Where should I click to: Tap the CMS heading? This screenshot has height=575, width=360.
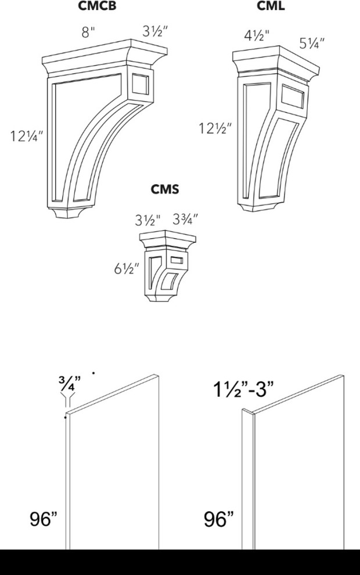(165, 189)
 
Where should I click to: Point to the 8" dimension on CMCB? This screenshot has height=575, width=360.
(88, 33)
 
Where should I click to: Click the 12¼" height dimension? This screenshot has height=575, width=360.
(26, 136)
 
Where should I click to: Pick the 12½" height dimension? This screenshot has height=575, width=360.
(215, 128)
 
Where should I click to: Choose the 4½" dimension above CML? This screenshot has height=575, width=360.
(257, 35)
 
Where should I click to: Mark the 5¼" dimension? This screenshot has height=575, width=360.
(312, 44)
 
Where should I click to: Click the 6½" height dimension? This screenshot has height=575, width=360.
(127, 269)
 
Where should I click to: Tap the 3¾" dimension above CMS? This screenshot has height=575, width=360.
(185, 220)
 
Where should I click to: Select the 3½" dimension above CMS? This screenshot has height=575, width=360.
(147, 220)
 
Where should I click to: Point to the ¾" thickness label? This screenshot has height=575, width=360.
(69, 383)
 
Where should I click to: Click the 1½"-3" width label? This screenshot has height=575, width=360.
(243, 389)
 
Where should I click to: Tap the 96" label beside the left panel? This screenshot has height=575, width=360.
(44, 519)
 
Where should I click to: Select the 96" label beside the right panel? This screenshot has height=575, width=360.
(218, 519)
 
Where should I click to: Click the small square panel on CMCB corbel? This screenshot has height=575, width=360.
(141, 85)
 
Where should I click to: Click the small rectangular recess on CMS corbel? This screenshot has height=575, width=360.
(177, 260)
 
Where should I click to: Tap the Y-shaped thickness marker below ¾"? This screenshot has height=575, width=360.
(67, 400)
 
